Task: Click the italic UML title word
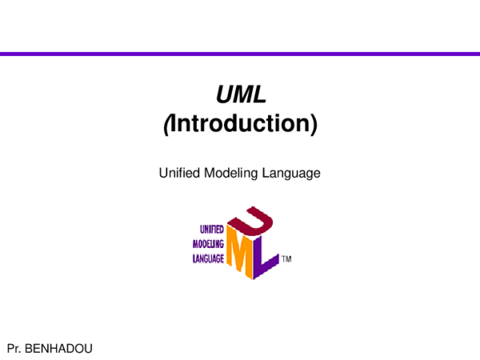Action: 240,95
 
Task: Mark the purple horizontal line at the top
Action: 240,54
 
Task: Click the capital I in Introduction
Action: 174,125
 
